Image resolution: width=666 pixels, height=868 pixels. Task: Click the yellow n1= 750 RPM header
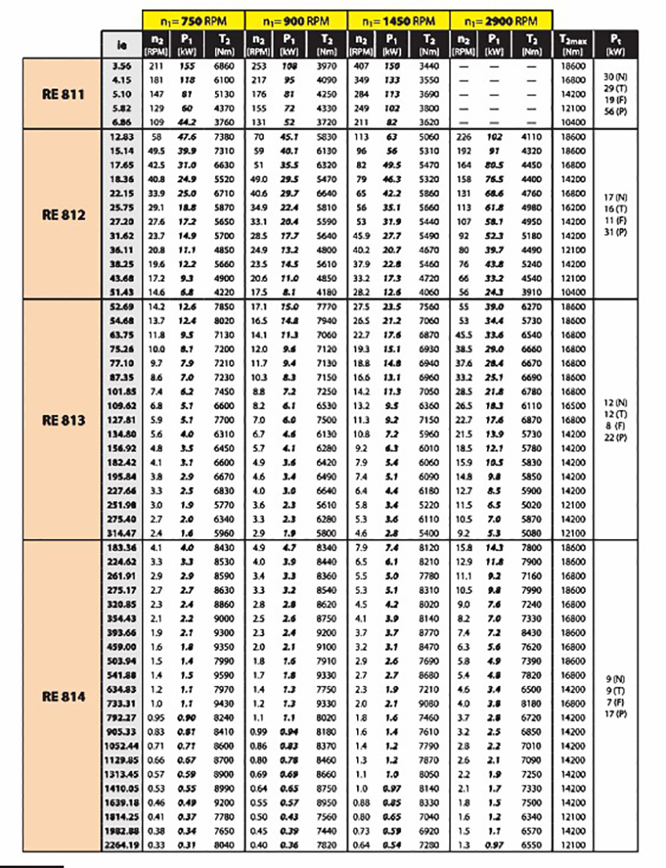(x=193, y=19)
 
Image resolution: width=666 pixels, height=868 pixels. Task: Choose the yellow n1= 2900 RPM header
(x=502, y=19)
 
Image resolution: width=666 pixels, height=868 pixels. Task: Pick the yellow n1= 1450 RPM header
(x=399, y=19)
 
